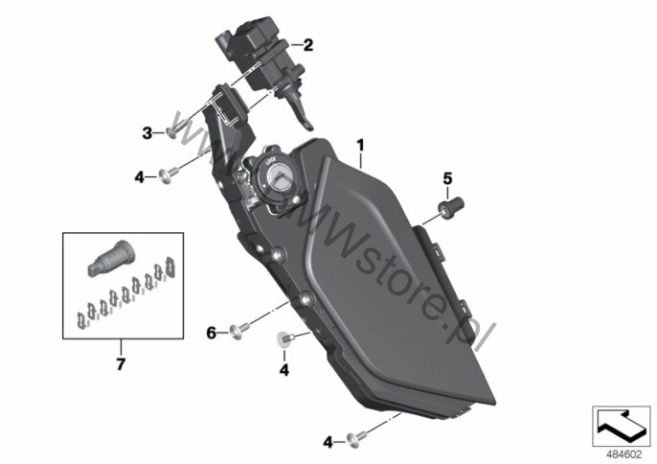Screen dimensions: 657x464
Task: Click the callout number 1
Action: point(360,146)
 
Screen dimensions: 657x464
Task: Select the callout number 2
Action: point(308,45)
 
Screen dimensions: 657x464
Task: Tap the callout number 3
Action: point(147,133)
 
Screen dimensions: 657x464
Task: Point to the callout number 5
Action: point(447,178)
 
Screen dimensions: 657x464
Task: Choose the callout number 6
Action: point(211,333)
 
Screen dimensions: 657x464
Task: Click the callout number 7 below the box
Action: point(121,363)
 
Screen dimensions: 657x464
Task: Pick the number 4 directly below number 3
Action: point(139,177)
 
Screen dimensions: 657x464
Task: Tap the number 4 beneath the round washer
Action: point(284,370)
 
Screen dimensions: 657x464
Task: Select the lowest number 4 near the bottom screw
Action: point(328,442)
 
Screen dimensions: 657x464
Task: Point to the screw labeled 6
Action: point(239,330)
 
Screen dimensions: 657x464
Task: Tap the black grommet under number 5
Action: point(450,206)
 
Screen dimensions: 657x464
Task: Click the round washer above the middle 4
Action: point(284,339)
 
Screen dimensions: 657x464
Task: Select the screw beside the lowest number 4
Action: point(356,437)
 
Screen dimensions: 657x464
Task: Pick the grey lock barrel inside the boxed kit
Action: point(111,258)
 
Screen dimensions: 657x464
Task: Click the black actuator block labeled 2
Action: point(257,53)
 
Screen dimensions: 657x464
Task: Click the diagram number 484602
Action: point(624,454)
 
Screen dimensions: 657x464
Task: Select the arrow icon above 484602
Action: point(621,426)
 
